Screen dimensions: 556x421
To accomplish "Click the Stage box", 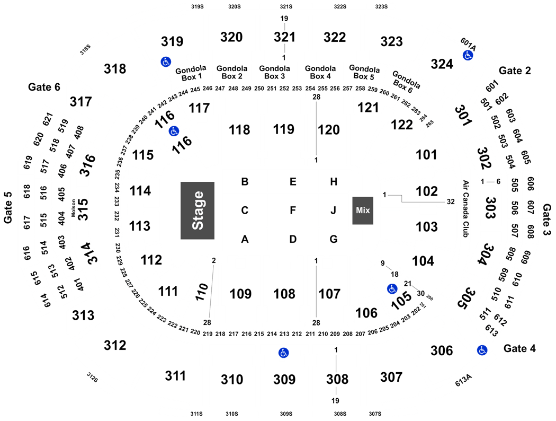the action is click(198, 210).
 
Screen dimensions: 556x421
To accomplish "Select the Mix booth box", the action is click(363, 210).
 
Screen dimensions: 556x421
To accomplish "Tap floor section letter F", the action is click(292, 210).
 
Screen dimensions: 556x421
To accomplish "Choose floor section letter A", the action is click(245, 240).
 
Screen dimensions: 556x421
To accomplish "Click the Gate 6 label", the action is click(44, 87).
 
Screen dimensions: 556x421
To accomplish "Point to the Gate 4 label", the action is click(519, 348).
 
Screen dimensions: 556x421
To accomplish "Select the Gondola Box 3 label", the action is click(274, 72).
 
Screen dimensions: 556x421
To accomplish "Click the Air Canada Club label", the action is click(465, 209).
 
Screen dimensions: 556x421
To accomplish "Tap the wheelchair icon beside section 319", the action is click(166, 62).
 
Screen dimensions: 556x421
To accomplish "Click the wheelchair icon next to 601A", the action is click(468, 55).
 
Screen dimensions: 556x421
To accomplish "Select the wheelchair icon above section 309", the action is click(283, 353).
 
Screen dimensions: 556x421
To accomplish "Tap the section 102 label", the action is click(427, 191).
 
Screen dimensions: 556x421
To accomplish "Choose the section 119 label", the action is click(284, 129).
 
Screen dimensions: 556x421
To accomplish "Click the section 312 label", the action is click(115, 345).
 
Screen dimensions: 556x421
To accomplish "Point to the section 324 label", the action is click(442, 64).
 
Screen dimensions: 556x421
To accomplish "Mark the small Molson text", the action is click(74, 208).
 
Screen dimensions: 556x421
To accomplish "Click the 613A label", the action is click(463, 380).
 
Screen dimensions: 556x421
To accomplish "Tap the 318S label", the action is click(85, 50).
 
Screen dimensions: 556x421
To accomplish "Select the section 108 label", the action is click(284, 294).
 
